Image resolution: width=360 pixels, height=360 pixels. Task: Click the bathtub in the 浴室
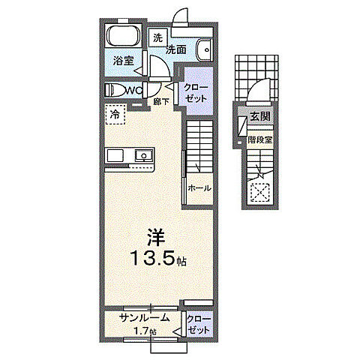tap(122, 37)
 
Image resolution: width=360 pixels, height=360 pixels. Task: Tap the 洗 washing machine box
tap(159, 37)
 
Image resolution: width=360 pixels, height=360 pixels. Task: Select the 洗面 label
tap(176, 49)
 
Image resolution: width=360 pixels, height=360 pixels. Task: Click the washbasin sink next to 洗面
tap(205, 50)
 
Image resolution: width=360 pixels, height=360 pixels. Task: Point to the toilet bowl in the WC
tap(116, 90)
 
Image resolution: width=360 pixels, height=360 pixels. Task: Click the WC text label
tap(134, 90)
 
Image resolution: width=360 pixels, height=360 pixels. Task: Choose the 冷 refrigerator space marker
tap(115, 115)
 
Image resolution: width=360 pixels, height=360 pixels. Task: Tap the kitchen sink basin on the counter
tap(142, 155)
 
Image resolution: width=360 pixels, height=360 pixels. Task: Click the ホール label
tap(199, 188)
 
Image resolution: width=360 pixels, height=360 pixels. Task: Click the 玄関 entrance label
tap(260, 117)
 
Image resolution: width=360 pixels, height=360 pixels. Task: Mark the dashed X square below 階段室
tap(260, 193)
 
